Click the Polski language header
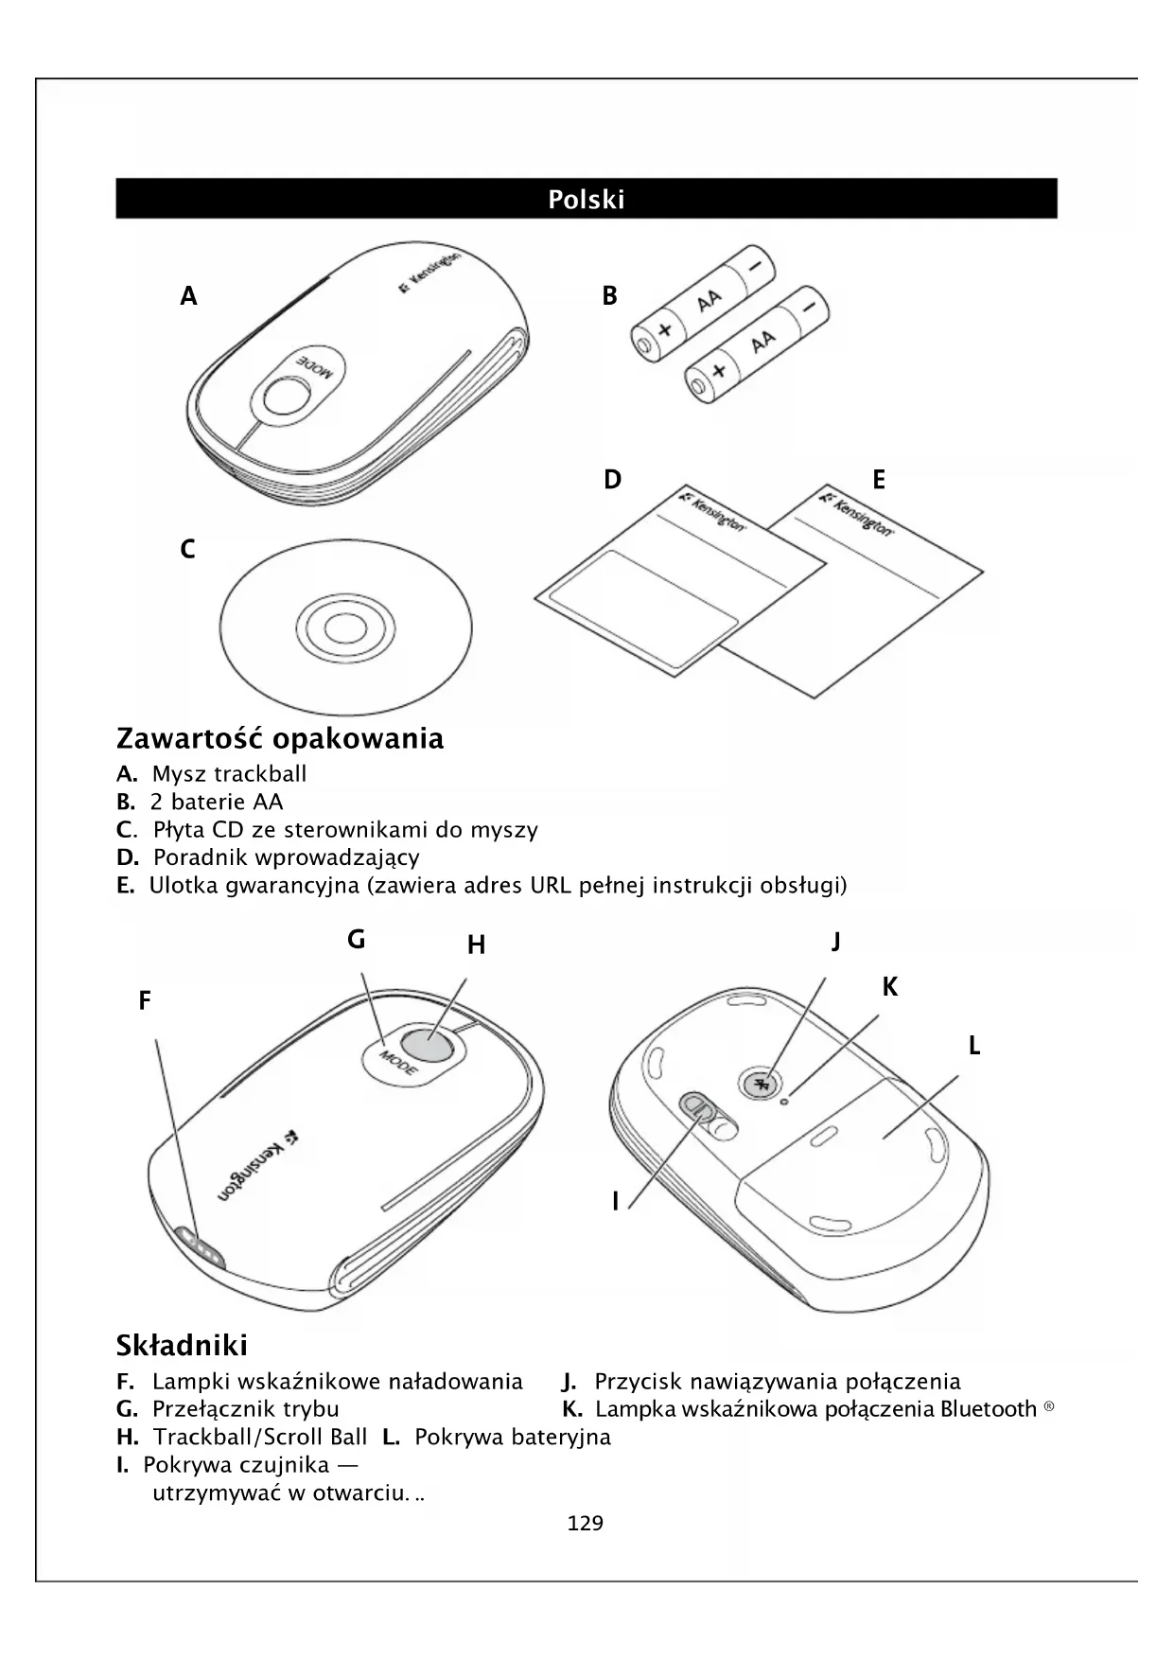tap(586, 200)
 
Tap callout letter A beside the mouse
tap(189, 297)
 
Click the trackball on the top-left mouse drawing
tap(286, 396)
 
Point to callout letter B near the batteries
tap(610, 296)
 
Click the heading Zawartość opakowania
tap(279, 738)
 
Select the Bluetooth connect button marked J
tap(762, 1084)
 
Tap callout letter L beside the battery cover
tap(974, 1047)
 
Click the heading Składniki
tap(182, 1345)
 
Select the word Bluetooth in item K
tap(988, 1409)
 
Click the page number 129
tap(585, 1524)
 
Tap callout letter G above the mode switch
tap(356, 940)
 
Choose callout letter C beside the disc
tap(187, 549)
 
